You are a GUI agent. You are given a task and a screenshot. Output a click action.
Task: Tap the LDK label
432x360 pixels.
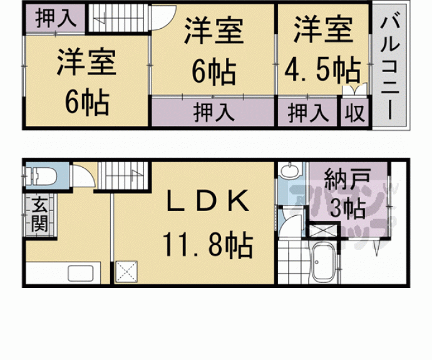click(208, 202)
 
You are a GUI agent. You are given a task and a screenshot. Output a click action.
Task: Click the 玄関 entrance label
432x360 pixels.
click(39, 215)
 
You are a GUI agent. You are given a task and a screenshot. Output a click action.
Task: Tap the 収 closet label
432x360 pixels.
click(354, 114)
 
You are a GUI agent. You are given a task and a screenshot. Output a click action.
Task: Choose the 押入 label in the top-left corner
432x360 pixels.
click(55, 18)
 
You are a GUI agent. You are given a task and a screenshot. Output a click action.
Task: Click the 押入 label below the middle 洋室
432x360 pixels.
click(213, 114)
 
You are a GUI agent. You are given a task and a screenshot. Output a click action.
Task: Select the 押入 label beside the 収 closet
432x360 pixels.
click(308, 114)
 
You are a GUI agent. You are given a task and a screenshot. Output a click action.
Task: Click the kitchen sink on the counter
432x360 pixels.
click(81, 274)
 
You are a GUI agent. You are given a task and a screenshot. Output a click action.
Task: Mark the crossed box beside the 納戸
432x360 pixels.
click(323, 230)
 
